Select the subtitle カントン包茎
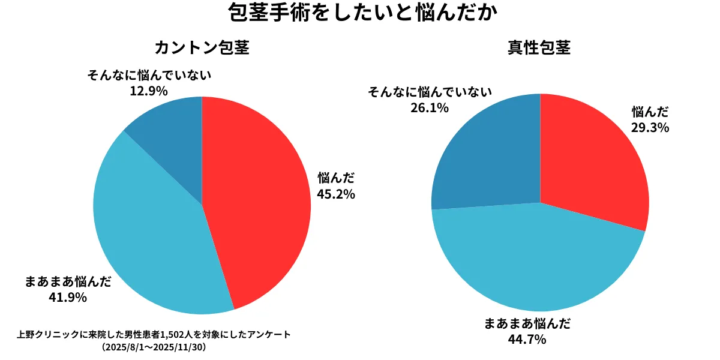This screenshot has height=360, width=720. coord(202,48)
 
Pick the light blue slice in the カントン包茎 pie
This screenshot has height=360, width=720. coord(150,234)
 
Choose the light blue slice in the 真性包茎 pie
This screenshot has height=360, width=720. coord(540,264)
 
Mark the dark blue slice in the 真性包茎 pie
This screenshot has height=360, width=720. coord(486,156)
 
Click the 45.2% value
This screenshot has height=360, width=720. coord(336,194)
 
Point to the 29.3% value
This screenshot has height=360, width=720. coord(650,127)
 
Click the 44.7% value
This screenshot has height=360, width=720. coord(527,340)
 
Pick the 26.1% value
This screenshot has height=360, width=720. coord(430,107)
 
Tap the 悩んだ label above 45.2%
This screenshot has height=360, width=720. coord(336,178)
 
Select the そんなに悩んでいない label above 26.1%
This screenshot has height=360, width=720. coord(430,92)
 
